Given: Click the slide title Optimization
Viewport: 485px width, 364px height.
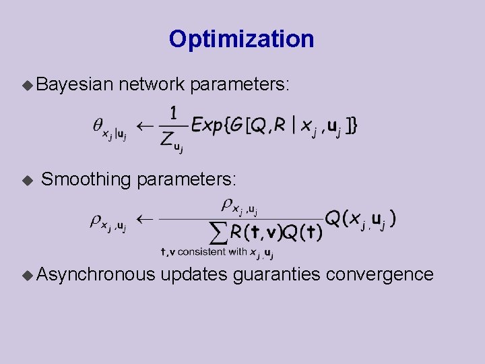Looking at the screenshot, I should coord(241,39).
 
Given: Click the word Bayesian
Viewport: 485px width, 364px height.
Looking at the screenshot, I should coord(74,84).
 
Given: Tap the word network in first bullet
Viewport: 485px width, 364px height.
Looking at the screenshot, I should coord(152,84).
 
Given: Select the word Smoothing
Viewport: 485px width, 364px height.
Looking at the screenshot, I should coord(86,179).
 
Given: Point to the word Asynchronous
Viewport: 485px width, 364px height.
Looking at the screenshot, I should coord(96,274).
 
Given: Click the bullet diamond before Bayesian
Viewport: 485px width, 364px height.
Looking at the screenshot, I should coord(27,85).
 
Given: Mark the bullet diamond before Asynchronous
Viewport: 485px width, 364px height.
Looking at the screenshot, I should coord(27,275).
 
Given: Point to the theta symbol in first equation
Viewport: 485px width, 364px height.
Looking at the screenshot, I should coord(98,125).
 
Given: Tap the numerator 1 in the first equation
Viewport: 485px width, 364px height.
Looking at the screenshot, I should coord(173,114).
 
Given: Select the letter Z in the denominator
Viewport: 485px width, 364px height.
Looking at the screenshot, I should coord(167,139).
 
